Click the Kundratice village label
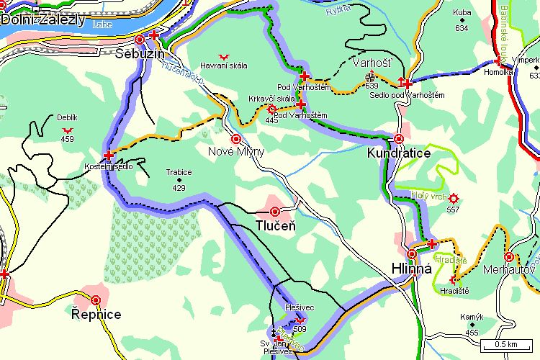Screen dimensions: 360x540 (398, 153)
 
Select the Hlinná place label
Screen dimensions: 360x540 (410, 269)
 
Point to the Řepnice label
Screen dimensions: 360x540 (96, 315)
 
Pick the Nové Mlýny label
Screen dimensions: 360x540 (236, 151)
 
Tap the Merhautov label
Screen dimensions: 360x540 (509, 269)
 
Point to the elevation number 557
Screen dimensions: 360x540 (453, 210)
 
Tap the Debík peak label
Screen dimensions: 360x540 (67, 117)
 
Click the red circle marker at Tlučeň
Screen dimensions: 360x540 (274, 212)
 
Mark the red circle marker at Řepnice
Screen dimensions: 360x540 (96, 300)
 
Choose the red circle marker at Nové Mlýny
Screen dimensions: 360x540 (235, 138)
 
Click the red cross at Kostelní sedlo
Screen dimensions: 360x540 (109, 155)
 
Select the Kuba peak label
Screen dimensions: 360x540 (462, 13)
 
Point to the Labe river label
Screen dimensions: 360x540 (102, 24)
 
